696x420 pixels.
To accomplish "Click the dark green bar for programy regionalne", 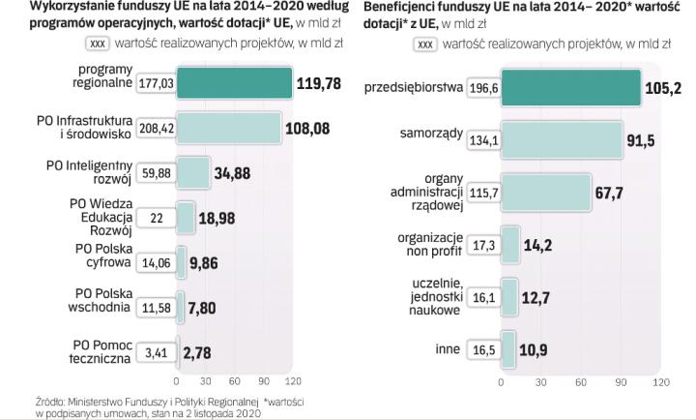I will point(234,84).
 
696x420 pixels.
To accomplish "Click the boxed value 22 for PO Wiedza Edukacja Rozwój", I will point(155,218).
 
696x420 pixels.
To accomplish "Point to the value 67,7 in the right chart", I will point(608,193).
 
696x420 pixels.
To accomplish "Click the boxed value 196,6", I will point(482,88).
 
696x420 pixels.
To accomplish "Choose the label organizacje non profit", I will point(427,244).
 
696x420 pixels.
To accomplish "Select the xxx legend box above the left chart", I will point(98,43).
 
